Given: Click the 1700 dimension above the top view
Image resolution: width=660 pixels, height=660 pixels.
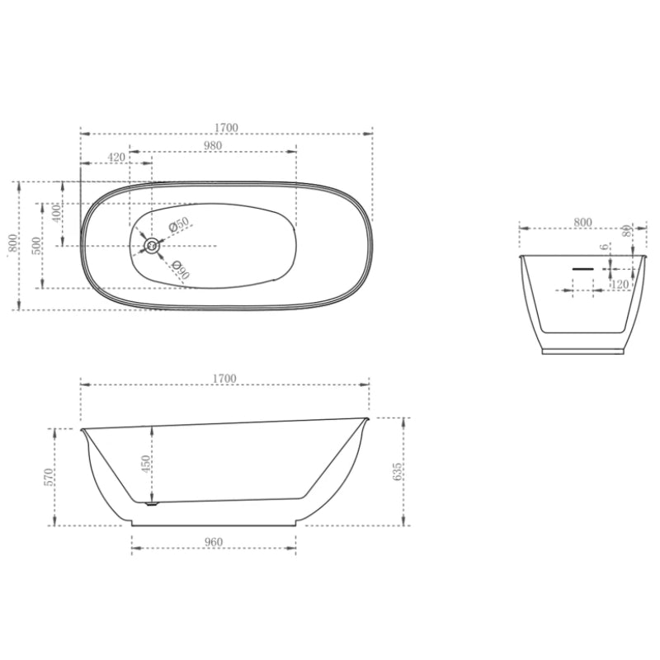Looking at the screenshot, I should click(226, 127).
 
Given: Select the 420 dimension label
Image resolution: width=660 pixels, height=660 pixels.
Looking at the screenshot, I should click(115, 157).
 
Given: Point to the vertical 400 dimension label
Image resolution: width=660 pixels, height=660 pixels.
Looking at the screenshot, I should click(56, 213).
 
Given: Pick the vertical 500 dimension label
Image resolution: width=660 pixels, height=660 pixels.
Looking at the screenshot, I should click(36, 246).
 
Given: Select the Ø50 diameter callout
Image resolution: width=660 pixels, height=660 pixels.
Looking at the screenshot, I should click(179, 224).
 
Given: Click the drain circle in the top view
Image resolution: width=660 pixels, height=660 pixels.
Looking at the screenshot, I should click(152, 245).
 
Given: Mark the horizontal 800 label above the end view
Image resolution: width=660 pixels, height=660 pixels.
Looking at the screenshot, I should click(582, 222).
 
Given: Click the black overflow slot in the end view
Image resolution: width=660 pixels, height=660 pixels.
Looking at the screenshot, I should click(583, 267).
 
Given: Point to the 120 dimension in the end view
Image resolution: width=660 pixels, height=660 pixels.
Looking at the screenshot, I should click(620, 285).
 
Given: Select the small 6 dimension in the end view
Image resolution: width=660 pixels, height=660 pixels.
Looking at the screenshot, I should click(605, 247).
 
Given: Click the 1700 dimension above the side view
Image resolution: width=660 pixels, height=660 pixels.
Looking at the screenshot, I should click(224, 379).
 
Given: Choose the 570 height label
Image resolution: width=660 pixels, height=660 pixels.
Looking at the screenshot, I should click(49, 477).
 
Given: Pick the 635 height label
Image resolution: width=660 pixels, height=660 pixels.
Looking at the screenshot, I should click(398, 472).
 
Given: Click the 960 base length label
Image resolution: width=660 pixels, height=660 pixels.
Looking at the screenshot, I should click(214, 542).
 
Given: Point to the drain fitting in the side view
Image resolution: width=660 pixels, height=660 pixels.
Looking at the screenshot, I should click(151, 502).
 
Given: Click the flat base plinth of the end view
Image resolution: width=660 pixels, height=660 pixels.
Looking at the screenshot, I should click(582, 350).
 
